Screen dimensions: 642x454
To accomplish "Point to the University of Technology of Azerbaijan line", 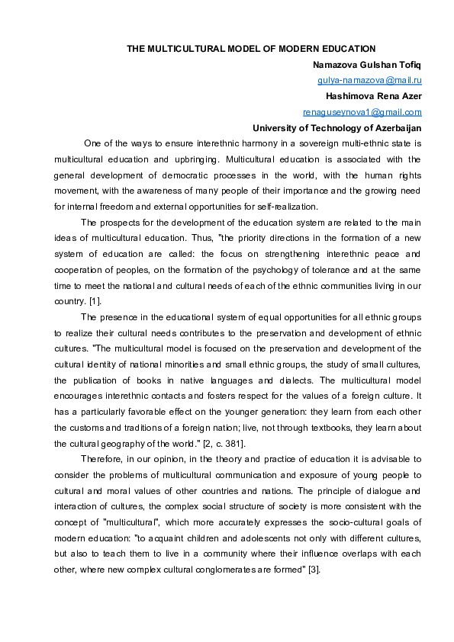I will (x=336, y=128).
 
